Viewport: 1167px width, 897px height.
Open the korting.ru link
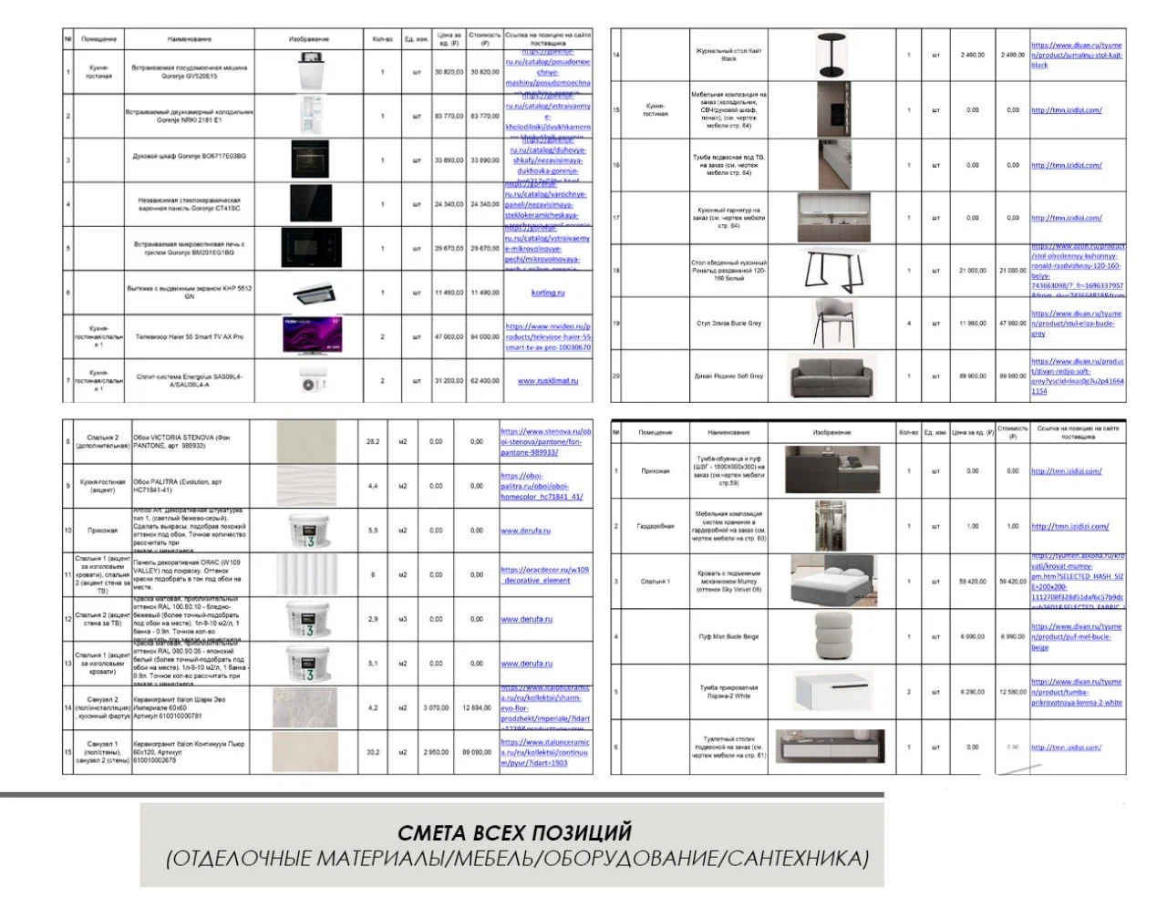(548, 293)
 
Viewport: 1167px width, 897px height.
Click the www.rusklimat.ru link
(548, 381)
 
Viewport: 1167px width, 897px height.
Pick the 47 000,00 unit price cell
(449, 336)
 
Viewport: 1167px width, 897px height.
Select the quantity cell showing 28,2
(373, 441)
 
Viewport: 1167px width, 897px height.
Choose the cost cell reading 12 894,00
(477, 707)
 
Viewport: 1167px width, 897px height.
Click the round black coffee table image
(831, 55)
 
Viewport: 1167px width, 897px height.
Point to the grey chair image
(833, 323)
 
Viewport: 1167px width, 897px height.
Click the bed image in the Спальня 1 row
(832, 581)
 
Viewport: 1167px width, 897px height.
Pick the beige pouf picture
(832, 636)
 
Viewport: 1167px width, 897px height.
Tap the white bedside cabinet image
(832, 692)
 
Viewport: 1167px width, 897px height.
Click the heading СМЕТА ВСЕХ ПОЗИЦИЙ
(515, 832)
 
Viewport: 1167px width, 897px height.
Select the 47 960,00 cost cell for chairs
(1012, 323)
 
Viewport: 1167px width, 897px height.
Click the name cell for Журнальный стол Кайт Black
(728, 55)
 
